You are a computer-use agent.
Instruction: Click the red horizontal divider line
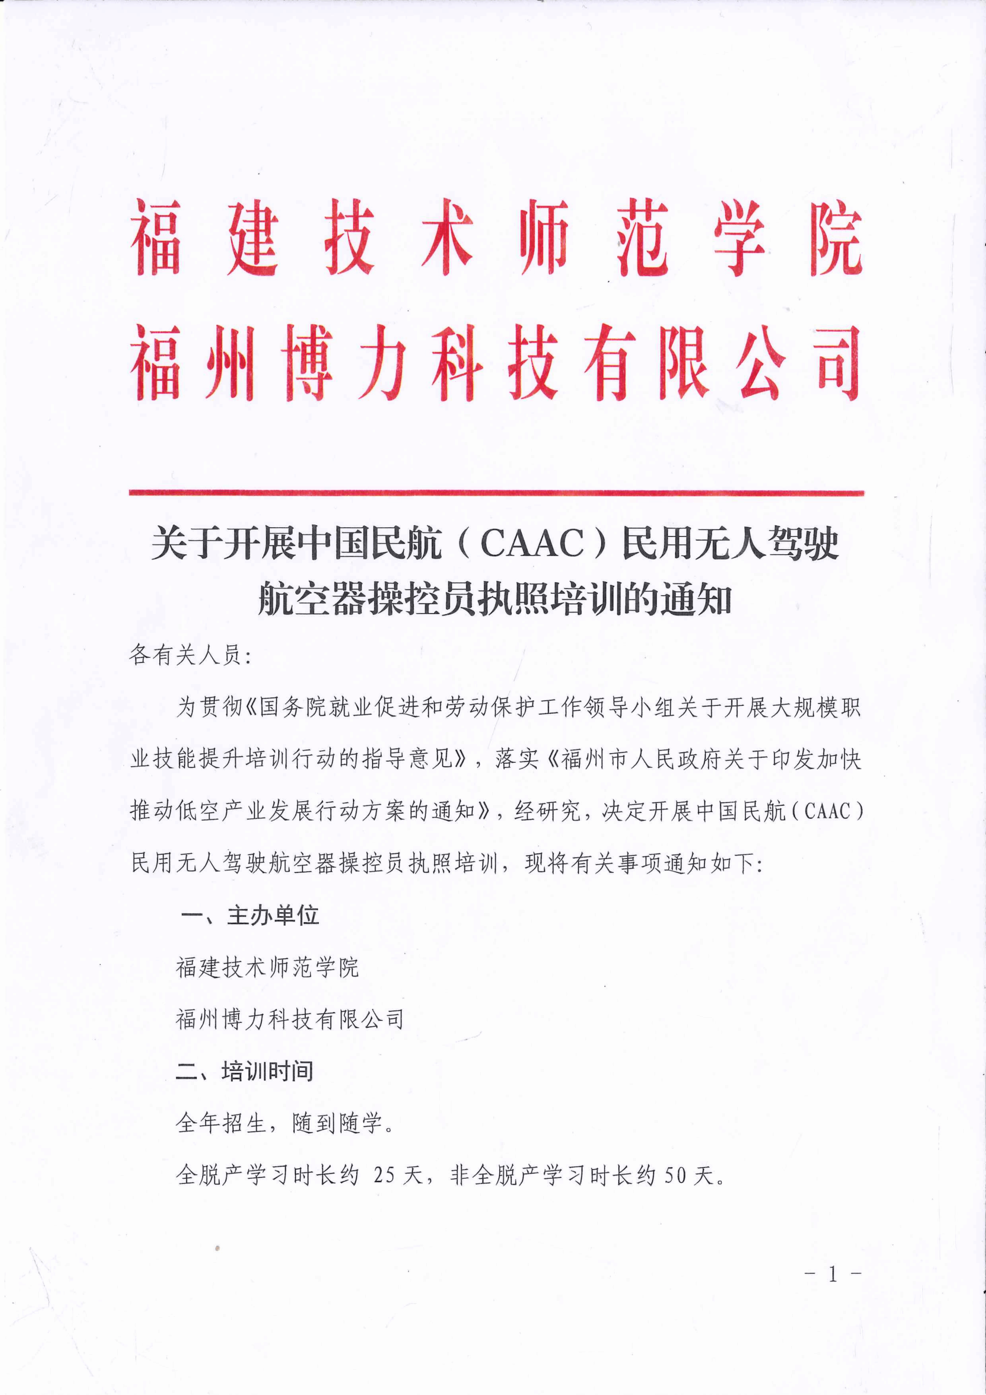(x=496, y=493)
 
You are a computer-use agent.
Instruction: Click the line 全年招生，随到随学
(x=285, y=1123)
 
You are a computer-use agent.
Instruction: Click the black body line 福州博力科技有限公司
(x=290, y=1019)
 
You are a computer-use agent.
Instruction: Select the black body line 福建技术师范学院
(x=267, y=967)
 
